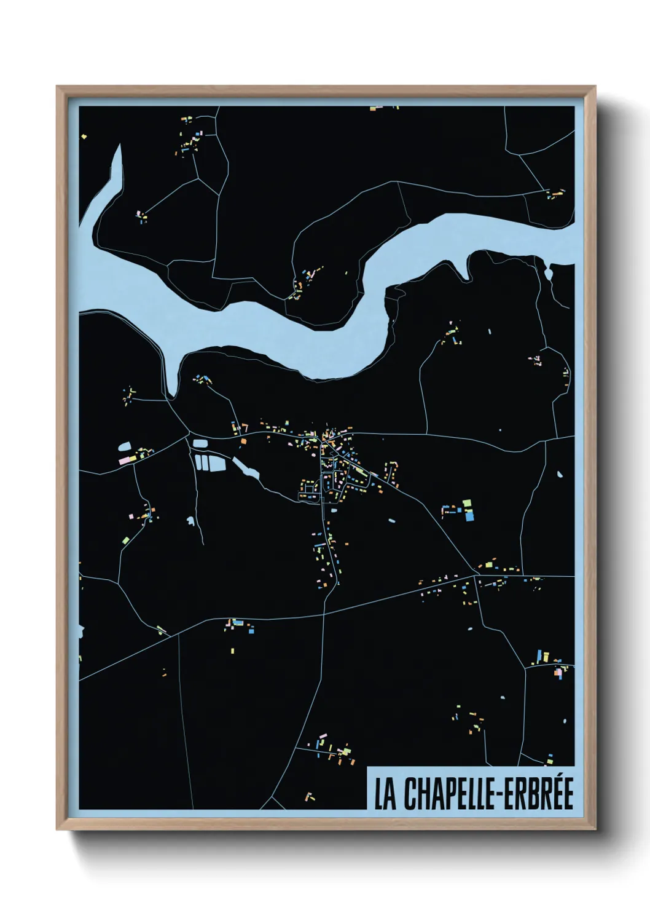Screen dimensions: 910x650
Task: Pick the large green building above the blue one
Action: pyautogui.click(x=466, y=504)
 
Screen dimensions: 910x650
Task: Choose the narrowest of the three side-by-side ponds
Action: pyautogui.click(x=197, y=462)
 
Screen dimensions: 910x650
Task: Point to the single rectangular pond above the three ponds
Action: pyautogui.click(x=200, y=442)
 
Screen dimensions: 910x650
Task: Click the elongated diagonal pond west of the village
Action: pyautogui.click(x=245, y=469)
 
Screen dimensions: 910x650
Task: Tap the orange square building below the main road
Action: pyautogui.click(x=243, y=441)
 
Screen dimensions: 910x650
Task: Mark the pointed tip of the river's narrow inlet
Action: pyautogui.click(x=118, y=146)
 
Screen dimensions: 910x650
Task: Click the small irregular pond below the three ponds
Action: pyautogui.click(x=192, y=521)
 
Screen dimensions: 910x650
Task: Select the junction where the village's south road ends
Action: pyautogui.click(x=324, y=613)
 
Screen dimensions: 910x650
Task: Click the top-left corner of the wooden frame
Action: pyautogui.click(x=57, y=86)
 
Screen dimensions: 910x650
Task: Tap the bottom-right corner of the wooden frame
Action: pyautogui.click(x=595, y=829)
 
